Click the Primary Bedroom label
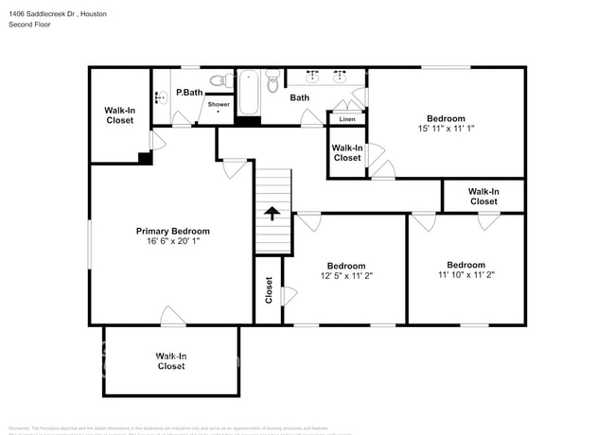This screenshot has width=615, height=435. tap(172, 231)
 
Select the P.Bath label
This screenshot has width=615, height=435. tap(189, 93)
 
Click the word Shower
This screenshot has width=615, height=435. tap(219, 104)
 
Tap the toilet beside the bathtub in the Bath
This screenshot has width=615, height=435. tap(273, 81)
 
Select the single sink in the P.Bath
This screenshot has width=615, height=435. tap(158, 95)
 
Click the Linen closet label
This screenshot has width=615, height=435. tap(347, 119)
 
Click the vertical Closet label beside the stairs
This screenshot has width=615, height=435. tap(269, 288)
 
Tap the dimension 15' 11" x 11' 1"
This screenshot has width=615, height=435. tap(446, 130)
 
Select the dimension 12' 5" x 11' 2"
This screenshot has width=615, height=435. tap(346, 276)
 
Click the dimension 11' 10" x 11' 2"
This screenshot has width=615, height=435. tap(466, 275)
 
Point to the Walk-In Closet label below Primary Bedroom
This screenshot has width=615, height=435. tap(170, 360)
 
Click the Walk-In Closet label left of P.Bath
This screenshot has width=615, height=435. tap(119, 115)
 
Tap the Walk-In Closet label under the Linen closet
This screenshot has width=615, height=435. tap(346, 152)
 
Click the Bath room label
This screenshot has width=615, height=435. tap(299, 97)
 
